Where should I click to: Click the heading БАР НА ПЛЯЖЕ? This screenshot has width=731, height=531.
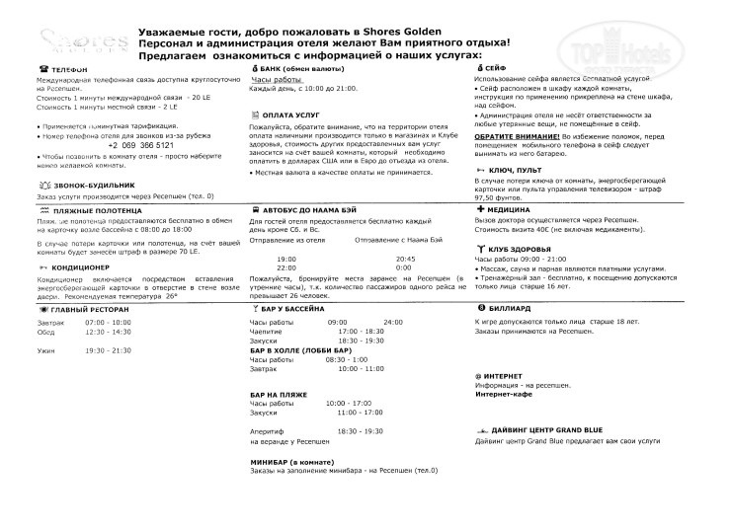pyautogui.click(x=277, y=393)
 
